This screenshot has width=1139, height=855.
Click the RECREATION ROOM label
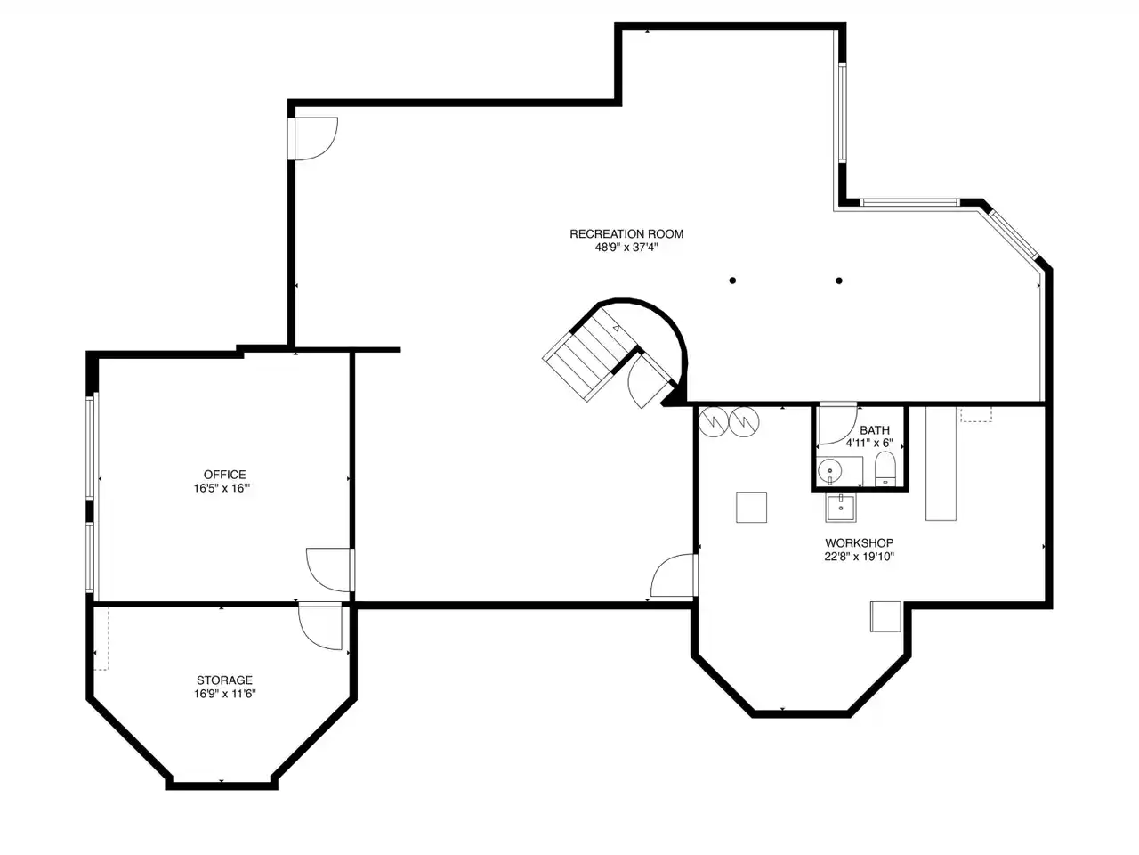click(x=626, y=234)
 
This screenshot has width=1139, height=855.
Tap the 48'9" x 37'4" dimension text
click(x=626, y=248)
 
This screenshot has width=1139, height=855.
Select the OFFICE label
click(x=225, y=475)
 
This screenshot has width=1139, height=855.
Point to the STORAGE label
click(x=225, y=680)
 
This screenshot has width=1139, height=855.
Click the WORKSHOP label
click(x=860, y=543)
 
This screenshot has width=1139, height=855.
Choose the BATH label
click(x=875, y=430)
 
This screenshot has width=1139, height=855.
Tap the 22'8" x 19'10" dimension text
click(x=860, y=557)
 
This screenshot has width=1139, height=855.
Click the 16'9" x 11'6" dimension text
click(x=225, y=694)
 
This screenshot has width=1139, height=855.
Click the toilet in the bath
click(x=885, y=468)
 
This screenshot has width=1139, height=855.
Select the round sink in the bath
click(x=829, y=471)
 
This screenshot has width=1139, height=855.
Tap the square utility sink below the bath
click(x=841, y=508)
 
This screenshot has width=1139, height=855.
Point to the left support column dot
click(x=732, y=281)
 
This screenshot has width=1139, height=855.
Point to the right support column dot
click(x=839, y=281)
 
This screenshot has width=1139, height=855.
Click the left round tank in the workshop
click(x=714, y=421)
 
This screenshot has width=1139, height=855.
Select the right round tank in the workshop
click(x=744, y=421)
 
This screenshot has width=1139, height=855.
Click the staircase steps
click(x=591, y=354)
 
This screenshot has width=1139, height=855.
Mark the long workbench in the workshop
click(x=941, y=463)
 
